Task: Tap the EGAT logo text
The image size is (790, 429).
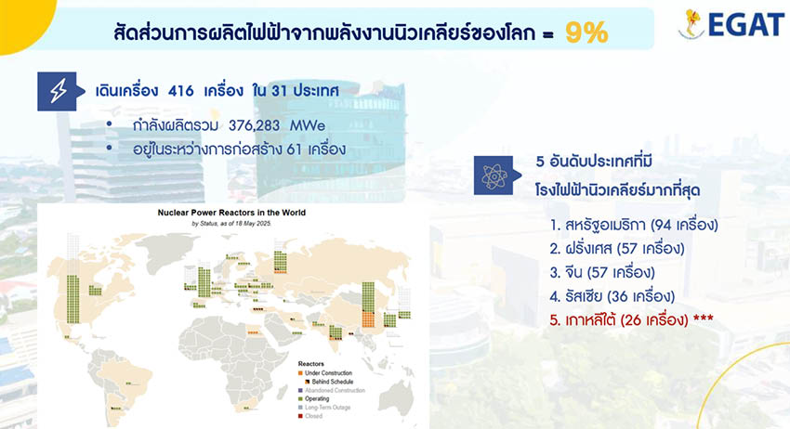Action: (743, 25)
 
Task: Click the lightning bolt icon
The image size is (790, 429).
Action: (58, 91)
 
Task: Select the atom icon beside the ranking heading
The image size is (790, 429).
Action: (493, 174)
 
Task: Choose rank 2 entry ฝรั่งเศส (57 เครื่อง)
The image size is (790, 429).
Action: (616, 249)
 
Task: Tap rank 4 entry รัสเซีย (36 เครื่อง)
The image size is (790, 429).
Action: (614, 296)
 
